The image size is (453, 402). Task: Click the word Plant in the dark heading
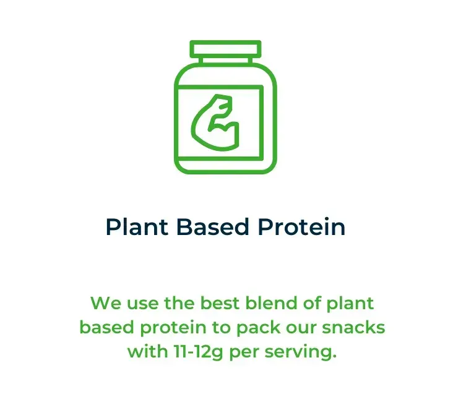coord(137,227)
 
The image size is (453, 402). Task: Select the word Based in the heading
coord(213,227)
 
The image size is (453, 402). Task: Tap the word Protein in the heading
coord(301,227)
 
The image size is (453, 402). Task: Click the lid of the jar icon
coord(225,49)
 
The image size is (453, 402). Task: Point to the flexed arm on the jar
coord(215,122)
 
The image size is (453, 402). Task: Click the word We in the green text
coord(106,303)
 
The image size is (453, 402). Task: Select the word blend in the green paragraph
coord(271,303)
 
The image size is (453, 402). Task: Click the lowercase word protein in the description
coord(173,328)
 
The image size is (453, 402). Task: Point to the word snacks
coord(353,327)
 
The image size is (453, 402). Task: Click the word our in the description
coord(301,328)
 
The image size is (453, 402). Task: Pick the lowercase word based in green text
coord(107,327)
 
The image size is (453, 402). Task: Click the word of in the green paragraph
coord(312,303)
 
